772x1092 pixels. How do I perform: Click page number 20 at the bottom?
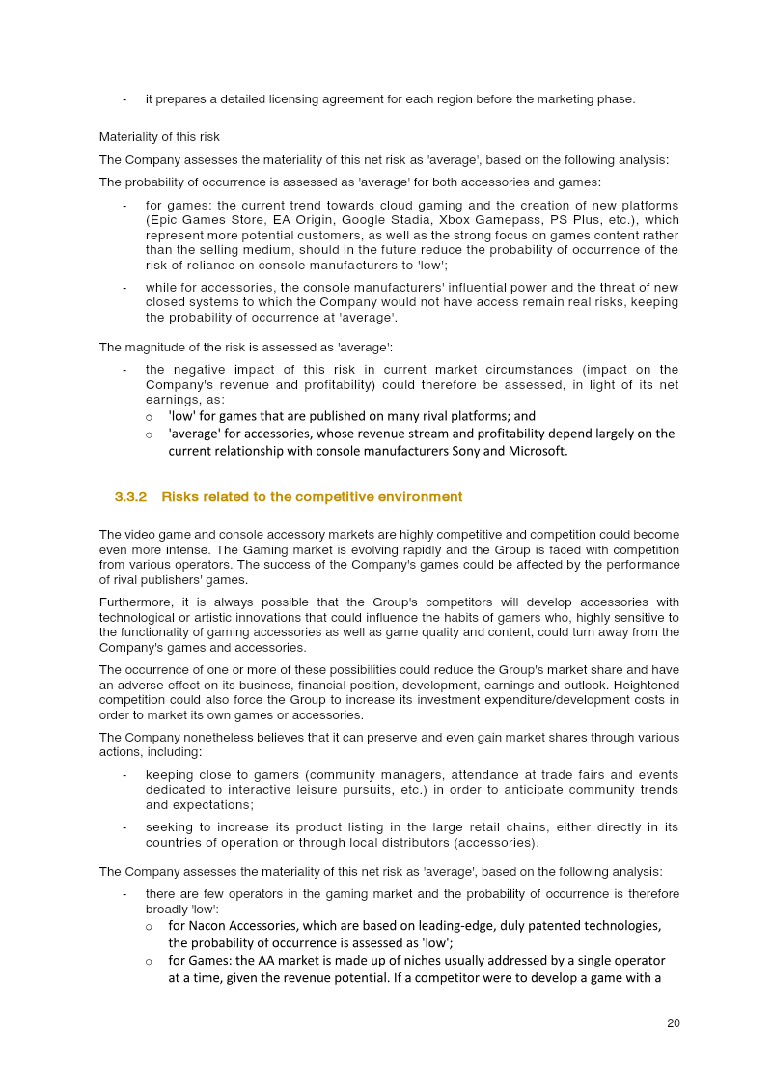pyautogui.click(x=673, y=1023)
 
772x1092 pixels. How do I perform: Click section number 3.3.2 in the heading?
pyautogui.click(x=130, y=497)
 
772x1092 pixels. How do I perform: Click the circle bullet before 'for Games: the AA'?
pyautogui.click(x=149, y=961)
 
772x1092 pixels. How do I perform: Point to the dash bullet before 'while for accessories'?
pyautogui.click(x=124, y=288)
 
